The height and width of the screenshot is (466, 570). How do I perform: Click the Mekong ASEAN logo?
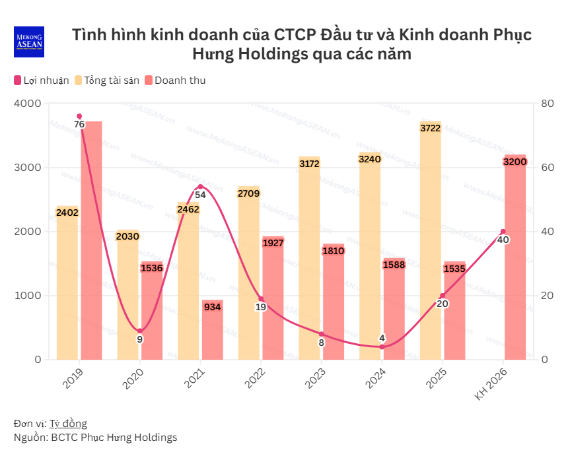28,42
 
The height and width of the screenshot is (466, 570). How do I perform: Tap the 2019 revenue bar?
91,241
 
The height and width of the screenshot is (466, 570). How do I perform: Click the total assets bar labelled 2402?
67,284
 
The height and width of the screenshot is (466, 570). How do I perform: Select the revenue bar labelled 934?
212,330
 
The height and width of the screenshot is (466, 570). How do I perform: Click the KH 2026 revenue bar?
515,257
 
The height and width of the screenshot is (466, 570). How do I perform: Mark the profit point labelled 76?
79,116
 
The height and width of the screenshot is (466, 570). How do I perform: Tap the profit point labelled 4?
382,347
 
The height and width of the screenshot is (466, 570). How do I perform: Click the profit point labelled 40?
503,232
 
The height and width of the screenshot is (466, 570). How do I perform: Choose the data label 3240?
370,158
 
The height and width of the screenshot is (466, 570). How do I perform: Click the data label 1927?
272,243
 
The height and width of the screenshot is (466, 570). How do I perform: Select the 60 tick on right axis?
547,168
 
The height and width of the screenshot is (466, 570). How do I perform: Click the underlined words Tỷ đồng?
68,423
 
